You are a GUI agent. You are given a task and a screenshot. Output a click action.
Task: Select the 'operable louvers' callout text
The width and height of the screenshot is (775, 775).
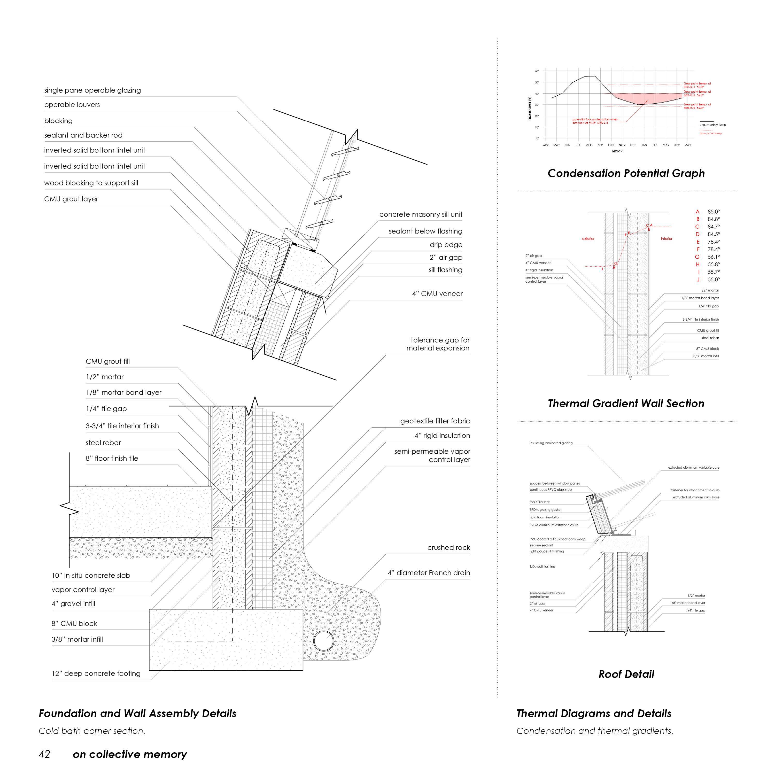coord(72,105)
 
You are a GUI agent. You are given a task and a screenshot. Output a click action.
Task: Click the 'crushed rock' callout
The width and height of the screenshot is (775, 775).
coord(448,548)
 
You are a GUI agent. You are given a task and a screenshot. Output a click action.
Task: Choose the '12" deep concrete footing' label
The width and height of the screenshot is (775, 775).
coord(96,673)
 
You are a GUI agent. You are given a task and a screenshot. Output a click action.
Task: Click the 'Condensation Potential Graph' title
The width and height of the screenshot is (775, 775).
coord(626,173)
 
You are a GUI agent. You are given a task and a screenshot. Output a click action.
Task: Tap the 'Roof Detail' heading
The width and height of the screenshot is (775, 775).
coord(626,674)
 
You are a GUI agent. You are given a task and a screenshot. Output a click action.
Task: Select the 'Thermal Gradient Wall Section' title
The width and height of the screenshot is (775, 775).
coord(626,404)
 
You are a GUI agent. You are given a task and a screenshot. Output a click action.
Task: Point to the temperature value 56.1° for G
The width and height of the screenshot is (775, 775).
coord(714,257)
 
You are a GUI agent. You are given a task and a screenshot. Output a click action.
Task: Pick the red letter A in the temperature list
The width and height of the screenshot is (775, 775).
coord(698,212)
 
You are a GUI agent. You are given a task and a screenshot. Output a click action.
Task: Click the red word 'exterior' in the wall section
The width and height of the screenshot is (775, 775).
coord(588,239)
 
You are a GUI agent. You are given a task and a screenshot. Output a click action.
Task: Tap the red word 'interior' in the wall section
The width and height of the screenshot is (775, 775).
coord(666,239)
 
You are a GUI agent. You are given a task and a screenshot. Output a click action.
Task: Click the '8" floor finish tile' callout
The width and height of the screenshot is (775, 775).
coord(112,459)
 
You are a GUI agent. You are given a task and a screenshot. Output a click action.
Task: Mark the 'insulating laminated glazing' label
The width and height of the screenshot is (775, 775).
coord(551,443)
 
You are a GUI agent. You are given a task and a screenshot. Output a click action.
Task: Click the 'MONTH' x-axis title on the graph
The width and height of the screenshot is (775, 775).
coord(617,151)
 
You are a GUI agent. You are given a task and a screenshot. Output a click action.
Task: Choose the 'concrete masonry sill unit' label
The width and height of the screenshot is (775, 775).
coord(421,215)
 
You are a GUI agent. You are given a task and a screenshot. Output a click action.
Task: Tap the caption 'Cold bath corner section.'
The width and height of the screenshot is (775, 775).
coord(92,731)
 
